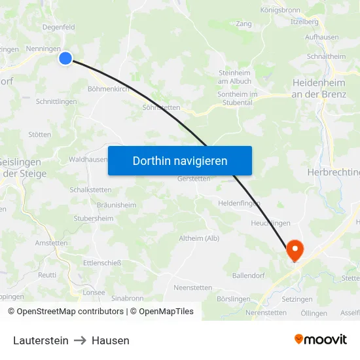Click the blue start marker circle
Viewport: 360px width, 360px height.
[65, 58]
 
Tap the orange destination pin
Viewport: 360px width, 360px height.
[295, 249]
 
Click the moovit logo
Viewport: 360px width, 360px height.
[321, 340]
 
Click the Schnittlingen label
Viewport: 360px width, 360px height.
[56, 101]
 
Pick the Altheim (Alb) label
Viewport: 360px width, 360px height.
[199, 238]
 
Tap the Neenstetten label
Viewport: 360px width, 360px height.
[192, 287]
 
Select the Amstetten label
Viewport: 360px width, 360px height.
[52, 243]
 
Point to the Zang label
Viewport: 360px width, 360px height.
[243, 24]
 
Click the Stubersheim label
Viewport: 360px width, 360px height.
[94, 219]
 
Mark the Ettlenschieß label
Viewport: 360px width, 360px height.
[102, 263]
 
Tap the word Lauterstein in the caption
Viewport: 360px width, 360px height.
[41, 340]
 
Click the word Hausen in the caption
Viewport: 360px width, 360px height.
[111, 340]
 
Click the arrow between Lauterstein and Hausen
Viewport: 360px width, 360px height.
[80, 340]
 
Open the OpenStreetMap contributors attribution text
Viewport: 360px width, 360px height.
[70, 312]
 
